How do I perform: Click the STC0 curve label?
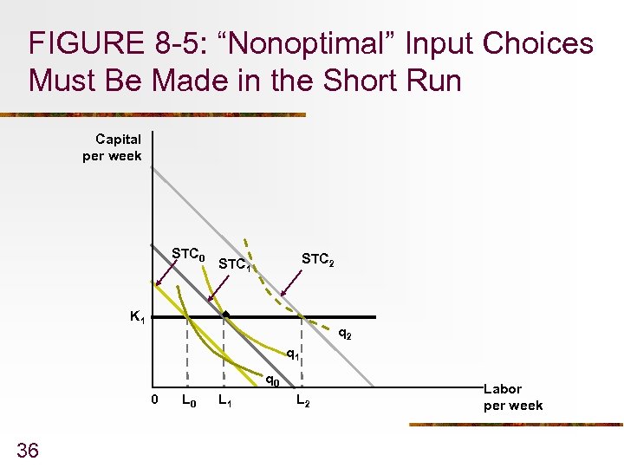click(188, 255)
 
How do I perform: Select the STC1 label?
click(235, 263)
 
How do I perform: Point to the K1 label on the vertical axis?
click(137, 317)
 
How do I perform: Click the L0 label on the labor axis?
click(187, 400)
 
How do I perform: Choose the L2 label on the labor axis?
click(302, 400)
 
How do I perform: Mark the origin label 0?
click(154, 400)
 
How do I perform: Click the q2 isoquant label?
click(344, 332)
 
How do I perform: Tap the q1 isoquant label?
click(294, 354)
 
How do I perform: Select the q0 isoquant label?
click(271, 379)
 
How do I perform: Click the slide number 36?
click(27, 449)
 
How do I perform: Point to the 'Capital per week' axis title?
click(113, 147)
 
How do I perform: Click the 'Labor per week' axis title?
click(513, 398)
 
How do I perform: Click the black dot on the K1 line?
click(224, 315)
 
